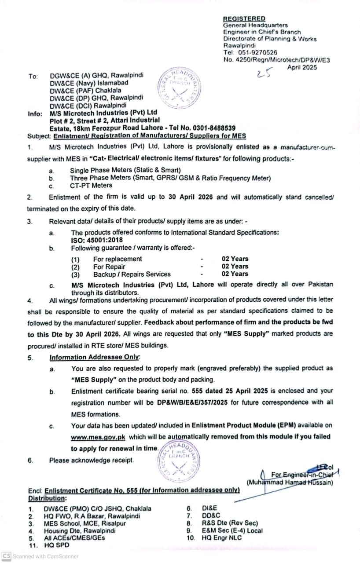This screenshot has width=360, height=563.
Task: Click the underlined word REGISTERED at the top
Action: pos(244,18)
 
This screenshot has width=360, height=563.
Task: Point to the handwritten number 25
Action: pos(264,73)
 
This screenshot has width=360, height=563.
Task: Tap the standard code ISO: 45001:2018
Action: pos(97,241)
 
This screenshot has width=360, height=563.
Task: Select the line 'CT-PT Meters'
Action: pos(91,186)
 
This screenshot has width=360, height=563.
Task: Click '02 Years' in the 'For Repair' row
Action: pos(235,266)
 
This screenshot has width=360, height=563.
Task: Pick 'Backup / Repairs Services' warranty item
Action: pos(125,274)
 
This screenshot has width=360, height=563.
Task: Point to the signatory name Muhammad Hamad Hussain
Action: pos(290,483)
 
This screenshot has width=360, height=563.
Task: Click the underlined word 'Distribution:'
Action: pos(48,498)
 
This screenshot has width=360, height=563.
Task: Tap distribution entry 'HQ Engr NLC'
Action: pos(221,537)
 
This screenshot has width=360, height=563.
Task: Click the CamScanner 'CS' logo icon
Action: pos(6,556)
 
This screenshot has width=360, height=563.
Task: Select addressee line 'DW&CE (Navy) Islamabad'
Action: pos(89,83)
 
